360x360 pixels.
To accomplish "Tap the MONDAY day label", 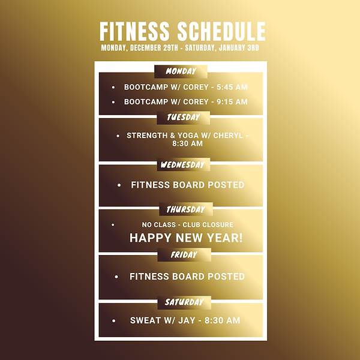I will (181, 71).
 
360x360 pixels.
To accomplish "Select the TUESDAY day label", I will (183, 118).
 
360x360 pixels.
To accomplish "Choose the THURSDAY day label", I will (186, 209).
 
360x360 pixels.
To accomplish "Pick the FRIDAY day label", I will (184, 254).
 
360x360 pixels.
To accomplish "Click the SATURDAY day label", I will (184, 302).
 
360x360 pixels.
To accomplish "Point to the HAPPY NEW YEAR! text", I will (186, 238).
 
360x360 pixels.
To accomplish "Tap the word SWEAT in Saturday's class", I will (145, 320).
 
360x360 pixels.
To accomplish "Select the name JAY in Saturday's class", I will (185, 320).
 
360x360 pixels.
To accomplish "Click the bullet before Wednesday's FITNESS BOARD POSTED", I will (119, 185).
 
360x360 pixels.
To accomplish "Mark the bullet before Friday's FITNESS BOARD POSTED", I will (116, 277).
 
